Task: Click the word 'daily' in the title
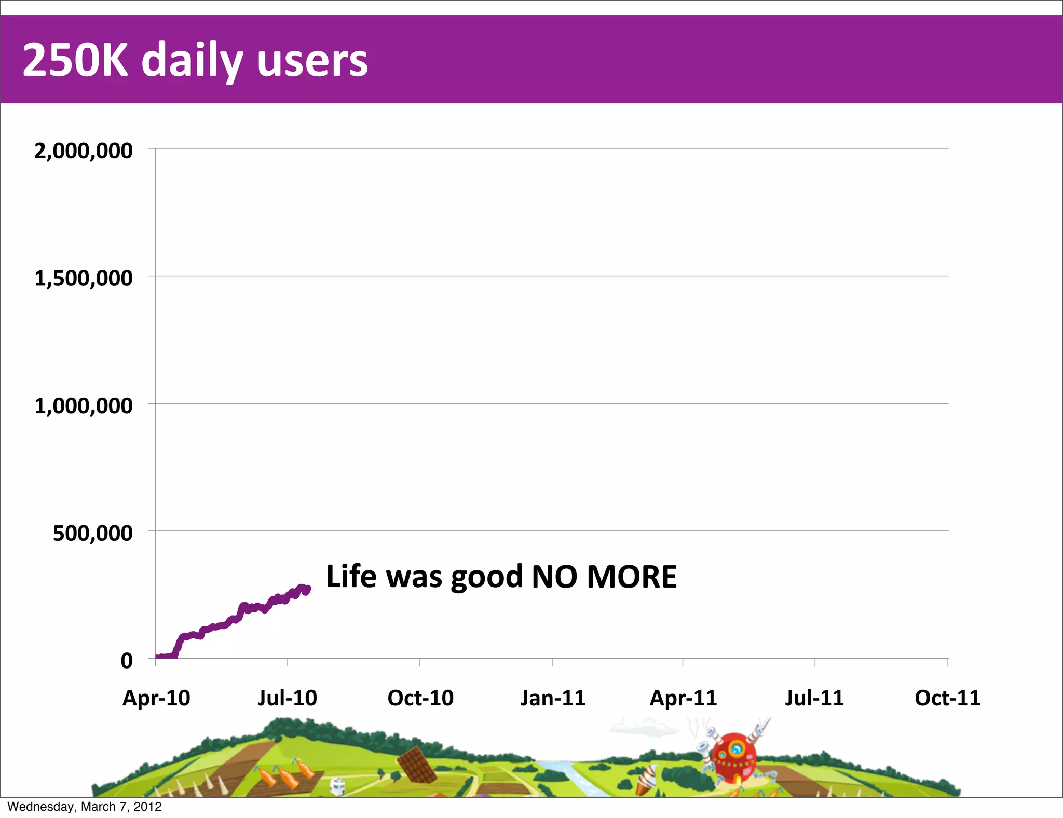(192, 61)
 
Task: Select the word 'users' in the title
(312, 61)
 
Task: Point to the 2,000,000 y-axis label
(83, 151)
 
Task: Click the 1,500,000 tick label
(83, 278)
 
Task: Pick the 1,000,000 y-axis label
(83, 405)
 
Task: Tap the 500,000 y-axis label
(92, 533)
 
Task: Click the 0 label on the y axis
(127, 661)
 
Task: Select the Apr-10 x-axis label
(156, 698)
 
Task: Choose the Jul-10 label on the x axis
(287, 698)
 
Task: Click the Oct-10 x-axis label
(420, 698)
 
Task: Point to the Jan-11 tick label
(553, 698)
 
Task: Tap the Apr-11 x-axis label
(683, 698)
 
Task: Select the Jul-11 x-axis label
(814, 698)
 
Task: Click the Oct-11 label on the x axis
(947, 698)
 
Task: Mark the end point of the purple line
(308, 589)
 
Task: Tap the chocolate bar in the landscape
(416, 765)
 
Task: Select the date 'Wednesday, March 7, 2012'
(85, 807)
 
